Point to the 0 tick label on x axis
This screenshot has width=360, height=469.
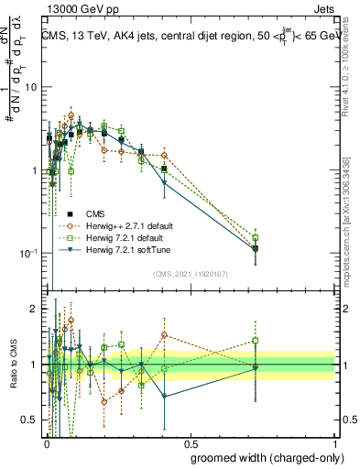click(46, 442)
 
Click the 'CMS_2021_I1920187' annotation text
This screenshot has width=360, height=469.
click(191, 274)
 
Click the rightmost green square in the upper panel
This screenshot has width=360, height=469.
click(256, 238)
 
